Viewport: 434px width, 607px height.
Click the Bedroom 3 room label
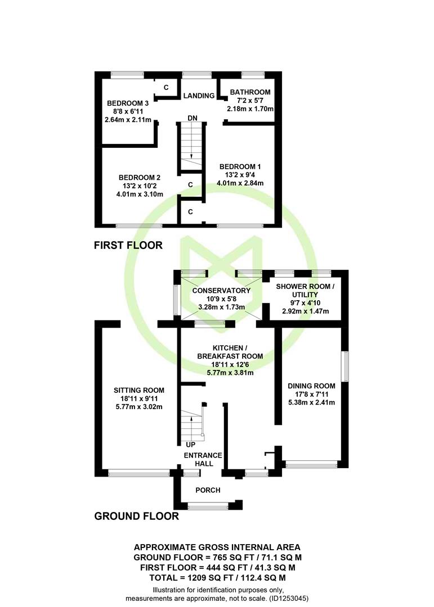(x=128, y=103)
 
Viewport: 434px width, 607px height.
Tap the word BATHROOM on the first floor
(x=250, y=92)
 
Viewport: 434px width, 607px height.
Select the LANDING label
(x=199, y=96)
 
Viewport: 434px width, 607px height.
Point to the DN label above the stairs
(x=193, y=118)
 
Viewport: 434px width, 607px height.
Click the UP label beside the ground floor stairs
(x=190, y=445)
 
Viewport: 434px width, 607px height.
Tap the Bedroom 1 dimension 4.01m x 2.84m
(x=240, y=183)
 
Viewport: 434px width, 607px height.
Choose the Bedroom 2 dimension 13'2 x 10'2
(x=140, y=186)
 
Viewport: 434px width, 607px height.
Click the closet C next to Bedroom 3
(x=166, y=88)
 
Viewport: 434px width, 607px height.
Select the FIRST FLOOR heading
(x=128, y=245)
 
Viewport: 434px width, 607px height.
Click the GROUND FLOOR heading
(x=137, y=516)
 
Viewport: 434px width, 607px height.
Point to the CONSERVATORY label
(x=221, y=291)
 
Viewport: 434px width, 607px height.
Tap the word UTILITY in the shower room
(x=305, y=295)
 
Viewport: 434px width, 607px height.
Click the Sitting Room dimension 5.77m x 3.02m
(x=139, y=407)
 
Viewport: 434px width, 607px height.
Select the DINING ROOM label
(x=311, y=386)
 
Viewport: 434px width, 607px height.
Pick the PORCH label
(x=208, y=490)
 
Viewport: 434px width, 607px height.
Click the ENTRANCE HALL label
(x=203, y=460)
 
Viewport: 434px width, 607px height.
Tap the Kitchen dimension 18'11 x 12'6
(x=230, y=365)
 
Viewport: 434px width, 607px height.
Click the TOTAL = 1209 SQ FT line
(x=218, y=578)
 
